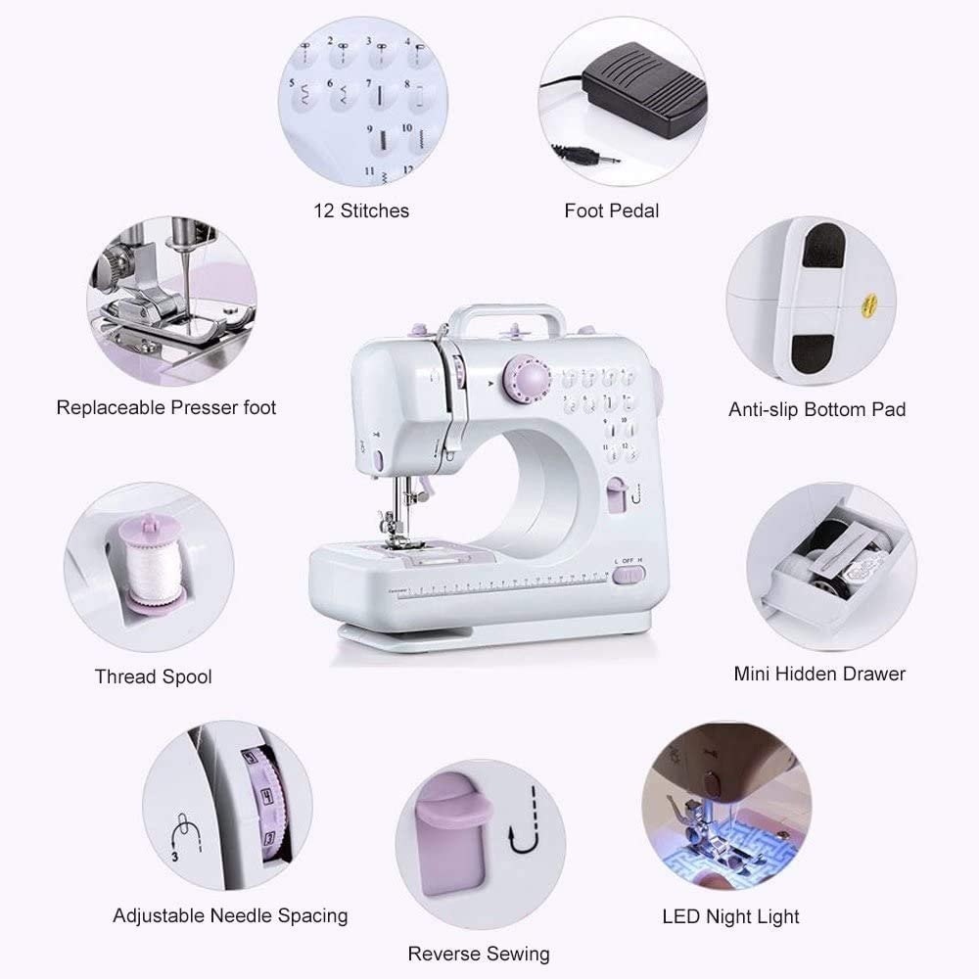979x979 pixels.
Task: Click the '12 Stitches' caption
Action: tap(361, 210)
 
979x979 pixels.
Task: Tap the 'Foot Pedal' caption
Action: tap(611, 210)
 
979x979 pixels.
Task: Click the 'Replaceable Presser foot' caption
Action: tap(166, 407)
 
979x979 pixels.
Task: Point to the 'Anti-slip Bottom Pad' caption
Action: tap(816, 409)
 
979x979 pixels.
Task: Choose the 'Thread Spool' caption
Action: tap(153, 676)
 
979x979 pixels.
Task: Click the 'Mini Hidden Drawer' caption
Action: tap(819, 674)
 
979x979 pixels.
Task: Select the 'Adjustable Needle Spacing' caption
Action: tap(230, 916)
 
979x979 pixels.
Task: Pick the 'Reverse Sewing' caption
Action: tap(478, 954)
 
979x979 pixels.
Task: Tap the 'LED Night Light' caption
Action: tap(730, 916)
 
